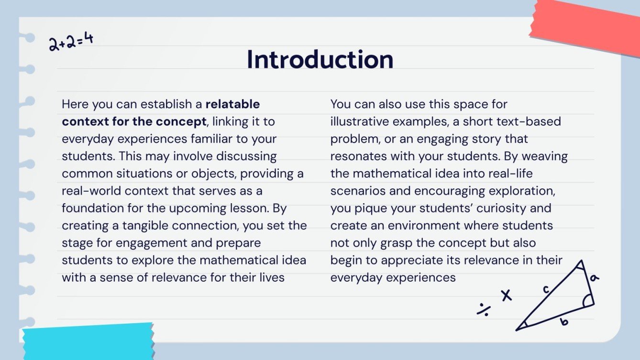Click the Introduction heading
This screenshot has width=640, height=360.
320,60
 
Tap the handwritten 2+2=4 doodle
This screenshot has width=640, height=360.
71,41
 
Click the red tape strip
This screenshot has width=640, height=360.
586,26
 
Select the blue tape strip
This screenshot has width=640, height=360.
88,342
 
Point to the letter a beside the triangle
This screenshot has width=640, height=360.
595,277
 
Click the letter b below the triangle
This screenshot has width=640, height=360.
564,322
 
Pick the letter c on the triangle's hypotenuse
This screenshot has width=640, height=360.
545,289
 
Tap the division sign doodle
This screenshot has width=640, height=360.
483,310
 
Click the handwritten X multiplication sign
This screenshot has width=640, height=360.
506,295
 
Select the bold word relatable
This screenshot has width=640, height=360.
232,104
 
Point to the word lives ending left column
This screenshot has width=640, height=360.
270,278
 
